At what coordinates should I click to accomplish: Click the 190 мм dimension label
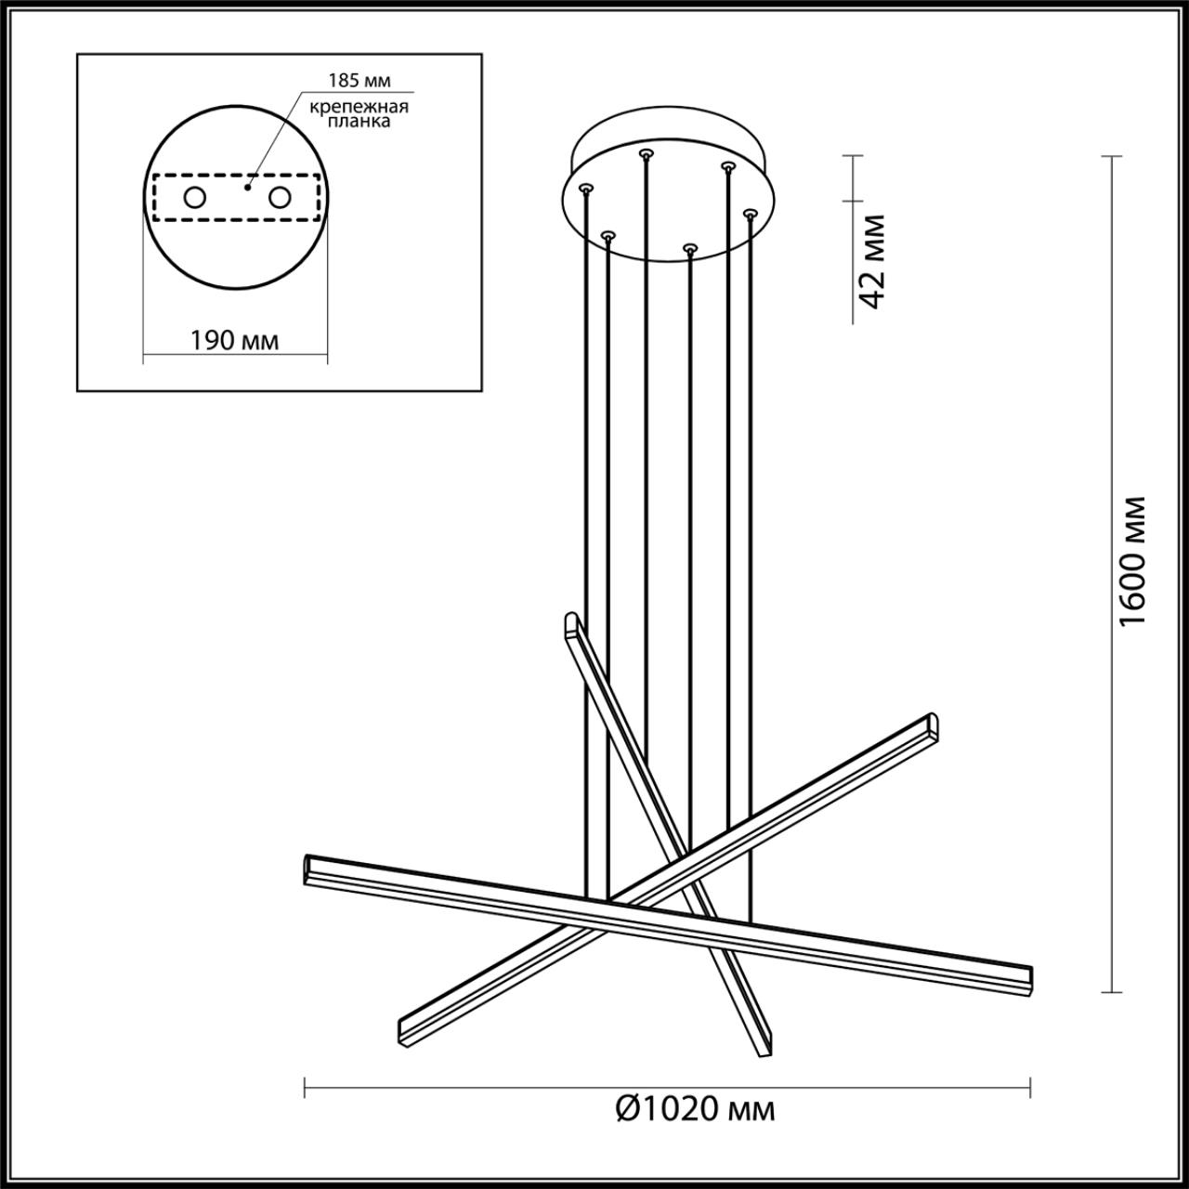coord(234,340)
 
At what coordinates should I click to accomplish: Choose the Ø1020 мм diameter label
coord(696,1108)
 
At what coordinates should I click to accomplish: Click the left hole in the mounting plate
coord(195,197)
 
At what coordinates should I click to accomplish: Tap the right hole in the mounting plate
coord(279,197)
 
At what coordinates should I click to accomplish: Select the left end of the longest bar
coord(309,868)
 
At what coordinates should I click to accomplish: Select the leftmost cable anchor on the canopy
coord(584,188)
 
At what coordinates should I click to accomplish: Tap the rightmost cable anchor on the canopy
coord(749,214)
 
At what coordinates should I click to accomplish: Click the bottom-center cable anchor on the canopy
coord(688,248)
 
